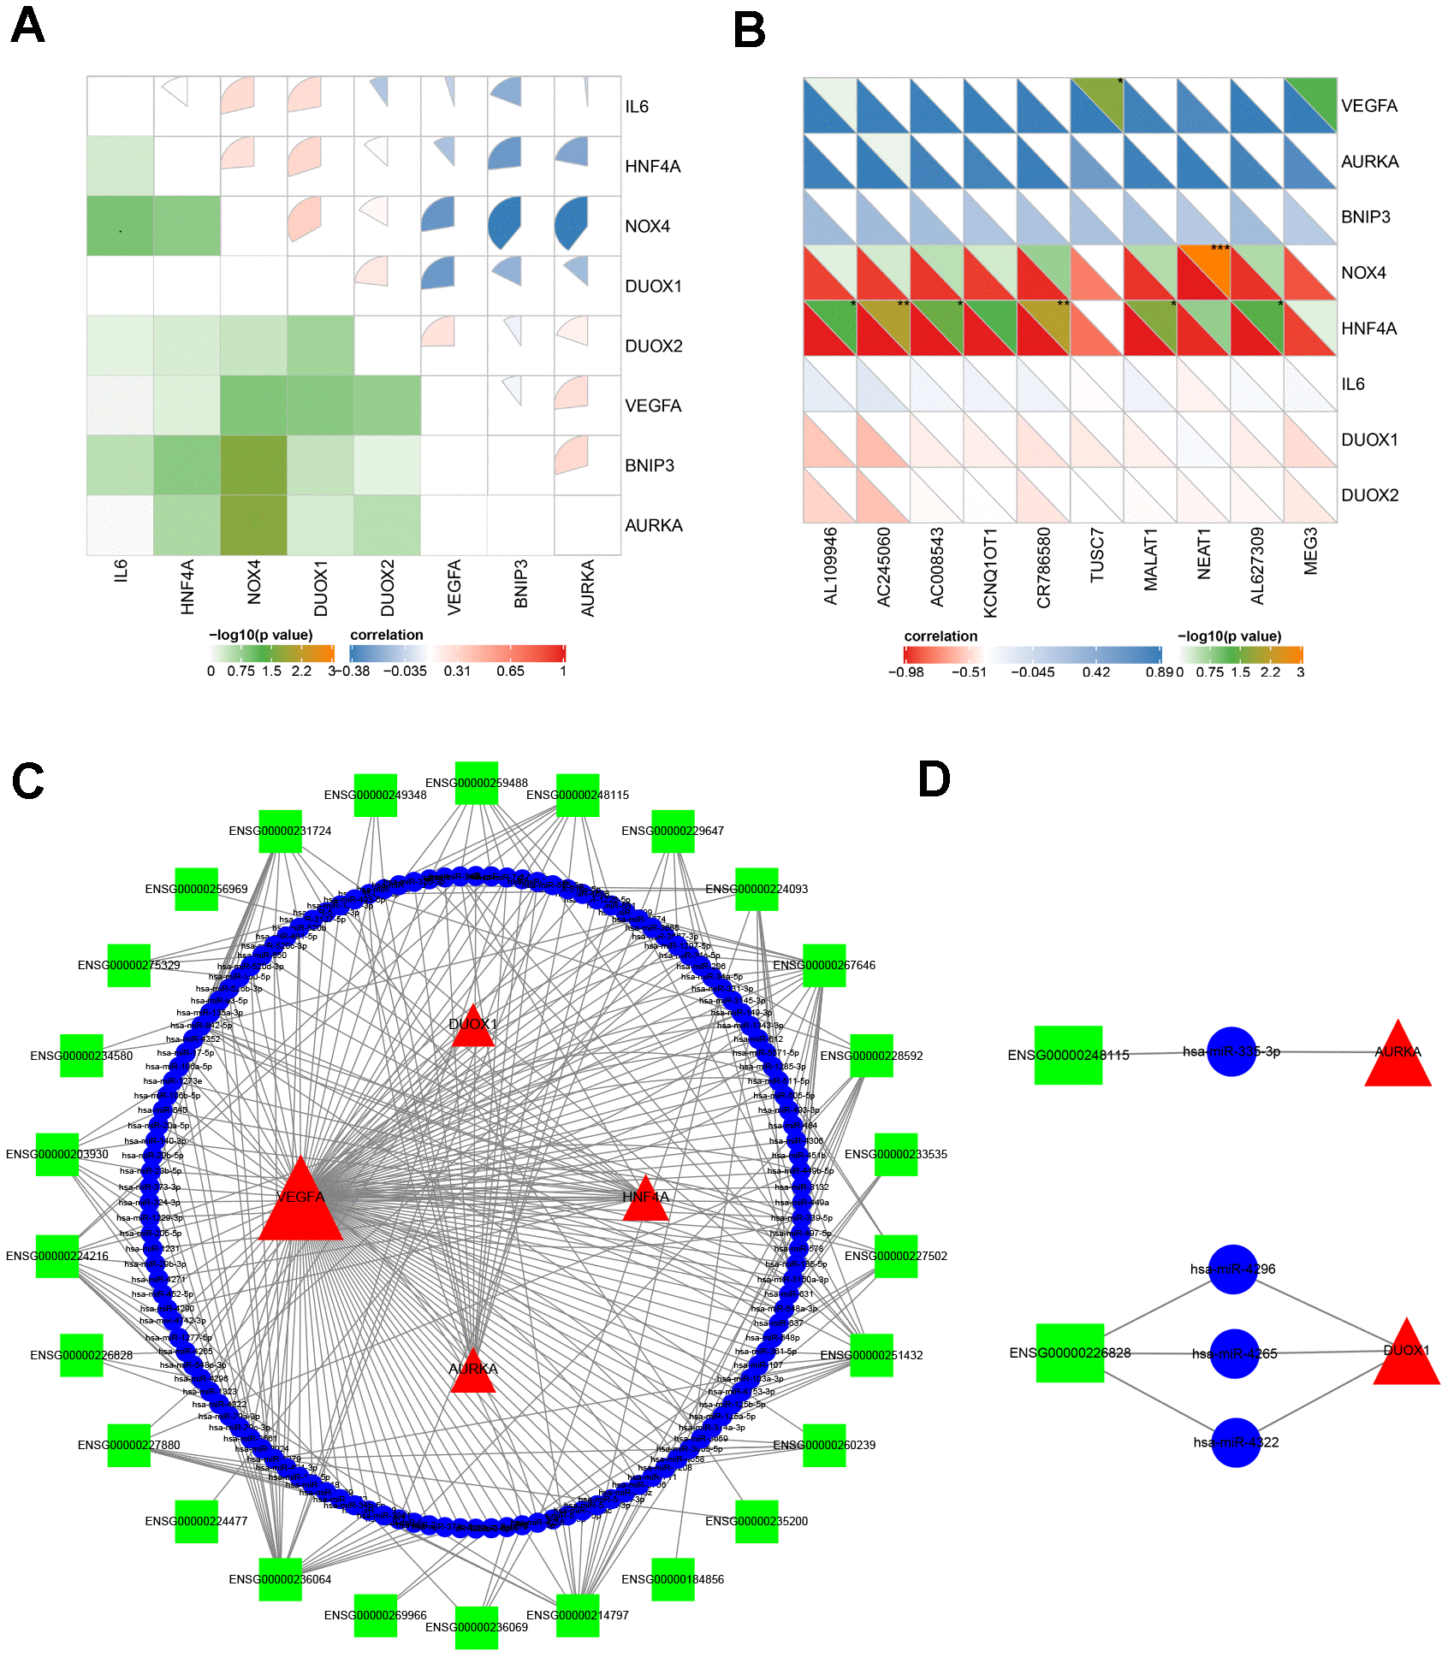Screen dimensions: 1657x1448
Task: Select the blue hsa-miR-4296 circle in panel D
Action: (x=1233, y=1269)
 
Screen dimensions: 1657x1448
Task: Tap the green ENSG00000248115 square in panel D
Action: (x=1068, y=1055)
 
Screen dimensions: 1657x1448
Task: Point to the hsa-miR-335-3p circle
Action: (x=1231, y=1051)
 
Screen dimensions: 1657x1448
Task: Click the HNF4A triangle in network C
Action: (x=646, y=1200)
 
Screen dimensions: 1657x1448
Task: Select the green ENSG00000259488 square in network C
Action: (x=477, y=783)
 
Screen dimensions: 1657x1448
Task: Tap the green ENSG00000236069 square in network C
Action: (x=477, y=1627)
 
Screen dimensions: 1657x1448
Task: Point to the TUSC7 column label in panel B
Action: (x=1097, y=555)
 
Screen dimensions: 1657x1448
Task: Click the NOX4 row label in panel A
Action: (x=647, y=227)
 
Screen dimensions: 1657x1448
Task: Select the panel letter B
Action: (x=749, y=32)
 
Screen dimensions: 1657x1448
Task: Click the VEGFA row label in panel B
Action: (x=1368, y=106)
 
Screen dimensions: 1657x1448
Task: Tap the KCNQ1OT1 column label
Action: (x=990, y=571)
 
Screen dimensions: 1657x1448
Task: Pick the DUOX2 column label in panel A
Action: (x=388, y=588)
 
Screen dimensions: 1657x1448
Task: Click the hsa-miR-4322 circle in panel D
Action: (x=1236, y=1442)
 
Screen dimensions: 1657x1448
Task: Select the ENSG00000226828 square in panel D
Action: (x=1070, y=1352)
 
